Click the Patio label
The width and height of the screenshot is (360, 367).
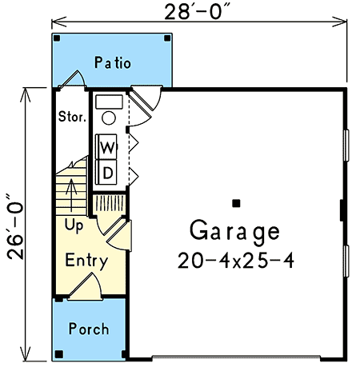point(113,62)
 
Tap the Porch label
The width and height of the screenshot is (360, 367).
point(88,329)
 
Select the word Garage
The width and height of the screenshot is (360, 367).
point(234,232)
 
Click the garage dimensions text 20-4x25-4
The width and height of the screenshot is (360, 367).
point(234,260)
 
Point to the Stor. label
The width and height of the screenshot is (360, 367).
point(72,117)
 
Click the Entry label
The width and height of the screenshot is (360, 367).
point(86,261)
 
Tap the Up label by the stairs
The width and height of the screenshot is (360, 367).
point(74,225)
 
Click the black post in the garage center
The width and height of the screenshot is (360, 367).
point(238,201)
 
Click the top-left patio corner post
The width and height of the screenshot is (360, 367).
point(56,38)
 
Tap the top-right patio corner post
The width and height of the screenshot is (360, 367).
point(166,38)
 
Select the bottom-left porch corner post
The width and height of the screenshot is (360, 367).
point(58,353)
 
